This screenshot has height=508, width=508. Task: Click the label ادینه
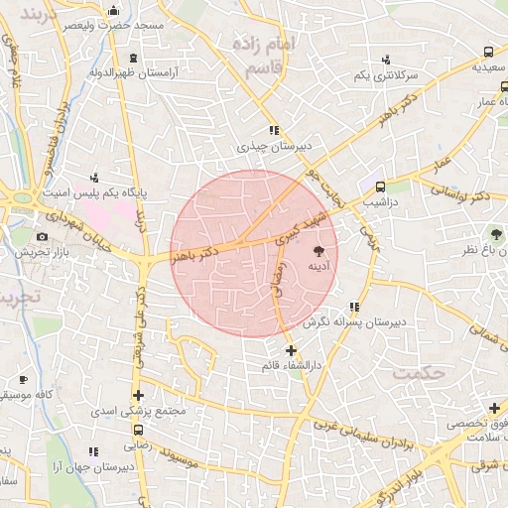[x=318, y=267]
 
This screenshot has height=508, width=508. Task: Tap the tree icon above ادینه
[x=318, y=252]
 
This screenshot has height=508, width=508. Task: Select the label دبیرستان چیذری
[x=274, y=145]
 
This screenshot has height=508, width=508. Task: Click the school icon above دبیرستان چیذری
[x=274, y=130]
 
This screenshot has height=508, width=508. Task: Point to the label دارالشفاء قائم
[x=291, y=366]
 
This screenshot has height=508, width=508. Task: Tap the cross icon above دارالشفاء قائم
[x=291, y=351]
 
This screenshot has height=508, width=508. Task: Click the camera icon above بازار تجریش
[x=42, y=237]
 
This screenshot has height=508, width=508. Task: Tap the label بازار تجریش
[x=42, y=252]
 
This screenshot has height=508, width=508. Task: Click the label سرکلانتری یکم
[x=386, y=75]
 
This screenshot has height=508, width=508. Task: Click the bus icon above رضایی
[x=138, y=431]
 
